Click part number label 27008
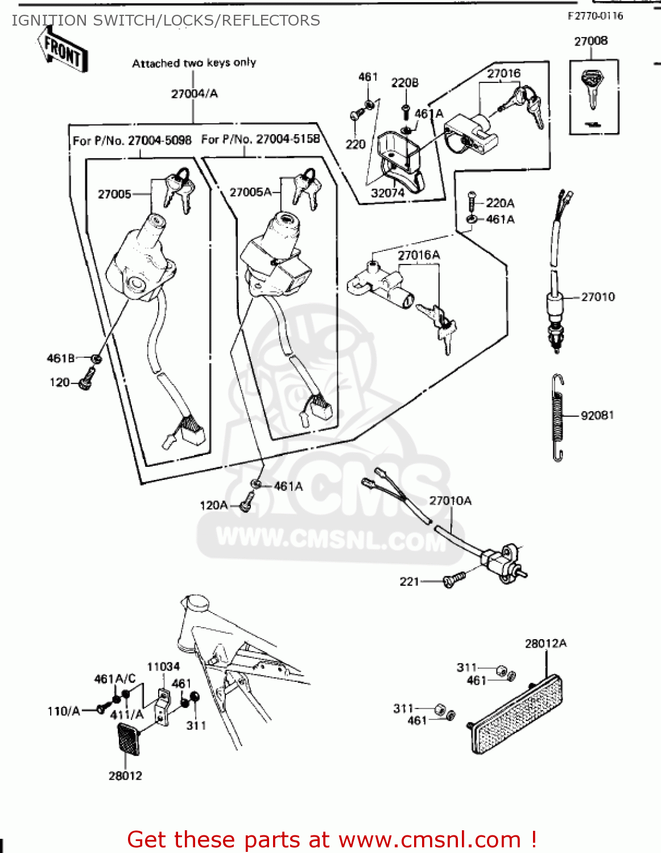(590, 41)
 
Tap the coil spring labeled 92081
(559, 417)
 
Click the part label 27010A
(450, 500)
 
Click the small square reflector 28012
(128, 739)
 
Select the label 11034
(163, 666)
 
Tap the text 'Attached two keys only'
(194, 63)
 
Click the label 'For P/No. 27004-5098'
(132, 140)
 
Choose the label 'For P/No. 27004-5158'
(261, 139)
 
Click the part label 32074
(387, 193)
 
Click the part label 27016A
(419, 255)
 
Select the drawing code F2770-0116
(595, 16)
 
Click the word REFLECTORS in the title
(271, 20)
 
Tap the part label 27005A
(250, 192)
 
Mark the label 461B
(60, 358)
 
